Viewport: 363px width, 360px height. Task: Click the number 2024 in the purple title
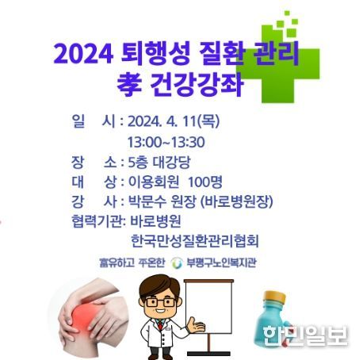point(84,55)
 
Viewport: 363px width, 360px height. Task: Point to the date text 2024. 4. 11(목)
point(174,121)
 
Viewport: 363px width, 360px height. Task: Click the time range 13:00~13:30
point(166,142)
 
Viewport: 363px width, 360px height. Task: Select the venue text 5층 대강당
point(159,163)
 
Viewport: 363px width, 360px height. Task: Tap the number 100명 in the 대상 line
point(205,182)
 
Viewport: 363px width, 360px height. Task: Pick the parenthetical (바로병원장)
point(237,201)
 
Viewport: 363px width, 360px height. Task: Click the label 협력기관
point(97,221)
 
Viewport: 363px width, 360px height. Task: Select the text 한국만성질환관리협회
point(195,240)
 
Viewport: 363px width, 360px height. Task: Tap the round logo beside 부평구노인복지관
point(177,262)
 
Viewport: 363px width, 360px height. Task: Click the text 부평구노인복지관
point(221,262)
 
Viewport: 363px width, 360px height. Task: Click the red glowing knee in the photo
point(84,316)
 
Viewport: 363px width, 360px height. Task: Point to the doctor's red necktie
point(160,325)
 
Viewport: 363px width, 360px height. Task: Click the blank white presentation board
point(208,308)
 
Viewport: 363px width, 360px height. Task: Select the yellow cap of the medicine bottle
point(275,297)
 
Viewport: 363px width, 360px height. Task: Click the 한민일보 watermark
point(305,335)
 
